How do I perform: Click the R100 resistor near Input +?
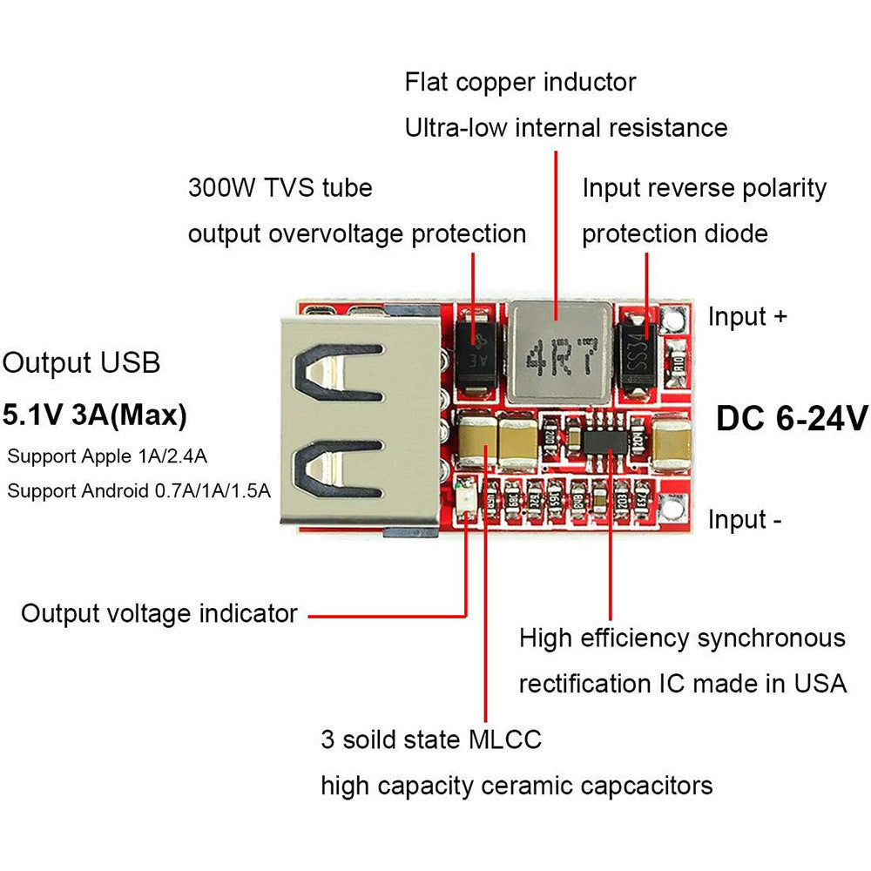pos(677,366)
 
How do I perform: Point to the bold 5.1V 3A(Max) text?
pos(95,415)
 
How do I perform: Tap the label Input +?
pos(747,316)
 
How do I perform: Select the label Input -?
pos(745,520)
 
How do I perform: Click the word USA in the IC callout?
pos(818,684)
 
